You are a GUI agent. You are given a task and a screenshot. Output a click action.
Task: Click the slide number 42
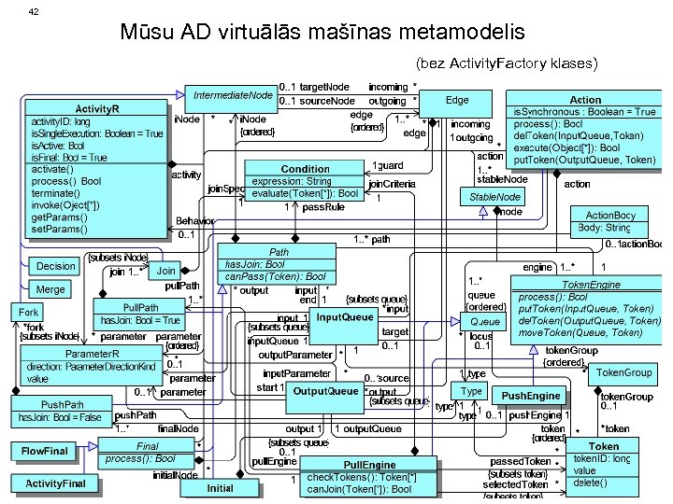click(x=34, y=10)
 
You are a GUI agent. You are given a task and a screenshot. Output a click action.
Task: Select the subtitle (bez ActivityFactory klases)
click(x=505, y=63)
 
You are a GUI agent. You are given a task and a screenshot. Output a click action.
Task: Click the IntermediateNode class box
click(x=233, y=95)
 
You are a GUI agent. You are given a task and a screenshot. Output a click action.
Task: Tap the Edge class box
click(x=457, y=100)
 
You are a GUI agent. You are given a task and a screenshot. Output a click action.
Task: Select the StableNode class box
click(x=494, y=197)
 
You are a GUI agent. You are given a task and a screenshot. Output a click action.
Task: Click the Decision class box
click(x=57, y=266)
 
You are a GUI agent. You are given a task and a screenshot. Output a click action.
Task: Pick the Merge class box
click(x=50, y=289)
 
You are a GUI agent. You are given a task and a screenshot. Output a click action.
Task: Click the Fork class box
click(x=29, y=312)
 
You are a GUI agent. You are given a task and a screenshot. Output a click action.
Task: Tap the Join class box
click(x=165, y=271)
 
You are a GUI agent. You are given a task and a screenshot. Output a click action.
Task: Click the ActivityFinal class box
click(x=55, y=483)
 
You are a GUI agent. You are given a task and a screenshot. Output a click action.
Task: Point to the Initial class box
click(x=221, y=488)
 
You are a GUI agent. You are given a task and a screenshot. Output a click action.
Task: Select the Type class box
click(x=472, y=391)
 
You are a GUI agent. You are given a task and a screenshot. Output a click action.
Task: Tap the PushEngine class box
click(x=531, y=396)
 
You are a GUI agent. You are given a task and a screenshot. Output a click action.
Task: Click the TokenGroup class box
click(x=623, y=372)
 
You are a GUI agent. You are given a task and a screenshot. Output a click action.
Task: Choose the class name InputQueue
click(x=344, y=318)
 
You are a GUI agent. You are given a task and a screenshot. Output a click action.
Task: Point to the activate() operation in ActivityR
click(x=53, y=169)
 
